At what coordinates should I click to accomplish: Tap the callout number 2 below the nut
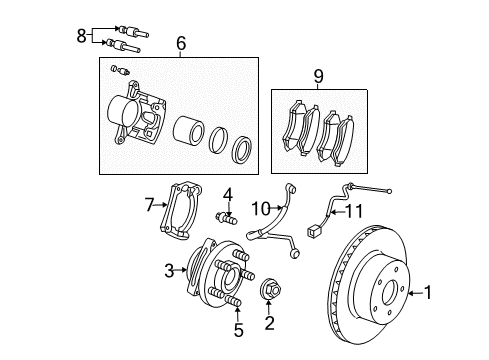tap(268, 322)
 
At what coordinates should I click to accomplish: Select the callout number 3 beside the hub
tap(169, 268)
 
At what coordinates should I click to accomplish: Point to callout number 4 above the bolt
tap(228, 193)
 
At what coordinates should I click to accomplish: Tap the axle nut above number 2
tap(269, 292)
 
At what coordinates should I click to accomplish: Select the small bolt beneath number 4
tap(226, 217)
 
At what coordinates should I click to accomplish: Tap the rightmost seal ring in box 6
tap(243, 151)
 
